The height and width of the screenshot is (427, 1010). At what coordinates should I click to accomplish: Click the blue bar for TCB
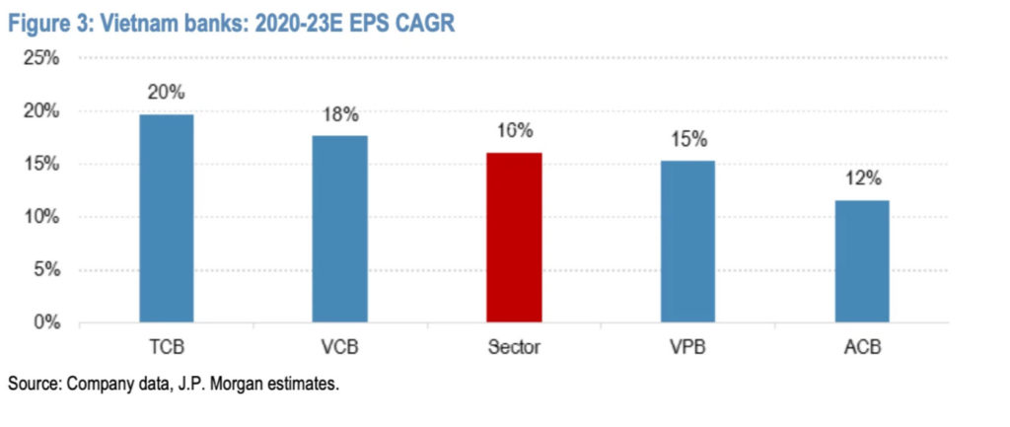pyautogui.click(x=166, y=219)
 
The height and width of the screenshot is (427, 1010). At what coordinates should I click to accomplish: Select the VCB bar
pyautogui.click(x=339, y=229)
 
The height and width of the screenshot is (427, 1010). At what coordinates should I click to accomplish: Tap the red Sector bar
pyautogui.click(x=514, y=238)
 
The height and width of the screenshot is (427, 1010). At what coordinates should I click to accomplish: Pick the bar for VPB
pyautogui.click(x=687, y=241)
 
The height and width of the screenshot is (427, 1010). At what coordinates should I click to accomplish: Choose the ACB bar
pyautogui.click(x=861, y=261)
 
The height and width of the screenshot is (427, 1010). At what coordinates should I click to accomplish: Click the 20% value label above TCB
pyautogui.click(x=167, y=93)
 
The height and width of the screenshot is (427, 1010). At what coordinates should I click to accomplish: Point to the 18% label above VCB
pyautogui.click(x=340, y=113)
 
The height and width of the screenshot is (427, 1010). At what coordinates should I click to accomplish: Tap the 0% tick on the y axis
pyautogui.click(x=45, y=322)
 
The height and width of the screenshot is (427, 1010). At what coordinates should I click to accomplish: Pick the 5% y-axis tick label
pyautogui.click(x=45, y=269)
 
